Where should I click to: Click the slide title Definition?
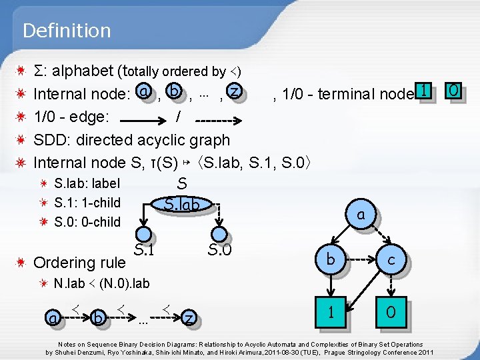click(66, 31)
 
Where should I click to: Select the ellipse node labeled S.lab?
click(181, 205)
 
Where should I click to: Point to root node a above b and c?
click(361, 214)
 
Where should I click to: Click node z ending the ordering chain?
click(191, 319)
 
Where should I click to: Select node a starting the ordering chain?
click(52, 319)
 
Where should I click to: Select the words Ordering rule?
click(79, 264)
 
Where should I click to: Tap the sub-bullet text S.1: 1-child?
click(87, 203)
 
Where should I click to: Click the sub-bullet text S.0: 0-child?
click(87, 222)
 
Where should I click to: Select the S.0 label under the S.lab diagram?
click(219, 251)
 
